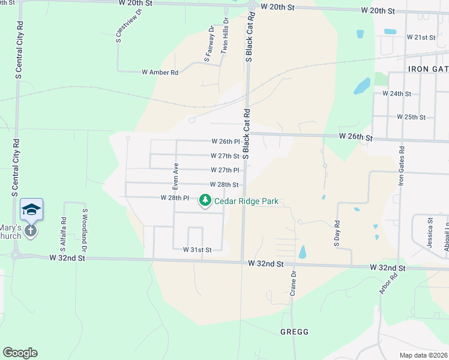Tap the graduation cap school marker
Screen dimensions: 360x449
point(31,209)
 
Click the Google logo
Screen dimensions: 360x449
point(20,353)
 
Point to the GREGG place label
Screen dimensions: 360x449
point(294,332)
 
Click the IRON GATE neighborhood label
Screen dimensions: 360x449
point(428,69)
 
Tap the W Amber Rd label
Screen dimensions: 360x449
point(160,73)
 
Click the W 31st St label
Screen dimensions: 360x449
point(197,249)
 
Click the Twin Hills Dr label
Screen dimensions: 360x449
point(226,39)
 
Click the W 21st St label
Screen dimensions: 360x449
point(420,37)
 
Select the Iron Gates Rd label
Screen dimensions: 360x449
point(402,166)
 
